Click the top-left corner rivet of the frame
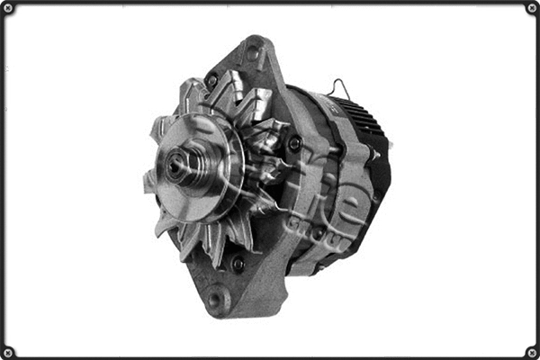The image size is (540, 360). coord(8,8)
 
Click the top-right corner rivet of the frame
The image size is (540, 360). coord(531,8)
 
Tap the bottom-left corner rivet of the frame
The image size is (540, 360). coord(8,352)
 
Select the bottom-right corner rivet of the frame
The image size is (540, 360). coord(531,352)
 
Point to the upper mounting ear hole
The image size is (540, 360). coord(252,53)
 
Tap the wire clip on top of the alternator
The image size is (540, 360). coord(338,87)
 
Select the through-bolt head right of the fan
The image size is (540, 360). coord(294,143)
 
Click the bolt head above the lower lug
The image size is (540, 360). coord(238,264)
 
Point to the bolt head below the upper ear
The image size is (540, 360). coord(212,81)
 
